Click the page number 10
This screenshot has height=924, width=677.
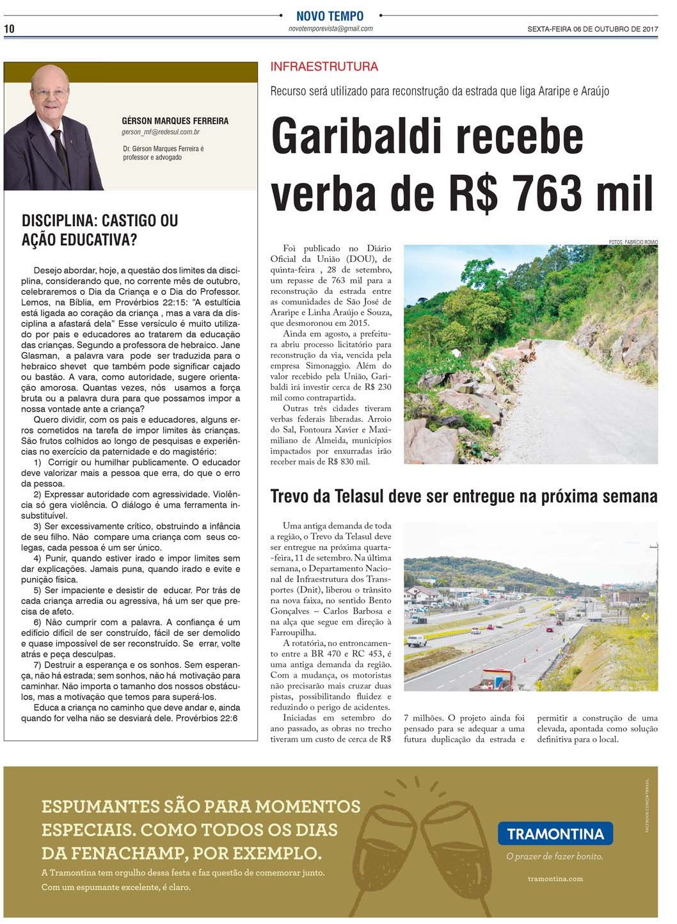tap(9, 29)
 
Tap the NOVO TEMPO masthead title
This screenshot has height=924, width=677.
tap(330, 16)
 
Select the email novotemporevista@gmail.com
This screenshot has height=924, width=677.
tap(330, 29)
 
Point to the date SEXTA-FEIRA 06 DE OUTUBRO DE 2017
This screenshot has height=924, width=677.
tap(593, 29)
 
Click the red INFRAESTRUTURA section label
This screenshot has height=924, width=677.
tap(324, 67)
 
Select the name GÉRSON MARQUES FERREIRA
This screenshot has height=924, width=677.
tap(175, 121)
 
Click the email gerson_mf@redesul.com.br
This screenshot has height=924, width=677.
tap(161, 132)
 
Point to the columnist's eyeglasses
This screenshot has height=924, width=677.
tap(51, 92)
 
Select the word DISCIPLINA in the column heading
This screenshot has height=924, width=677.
tap(57, 221)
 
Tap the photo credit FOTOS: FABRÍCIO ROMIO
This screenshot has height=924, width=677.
tap(633, 242)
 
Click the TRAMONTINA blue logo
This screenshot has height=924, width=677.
tap(555, 834)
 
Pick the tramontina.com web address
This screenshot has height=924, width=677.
tap(555, 879)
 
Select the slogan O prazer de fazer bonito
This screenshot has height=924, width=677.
tap(554, 856)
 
